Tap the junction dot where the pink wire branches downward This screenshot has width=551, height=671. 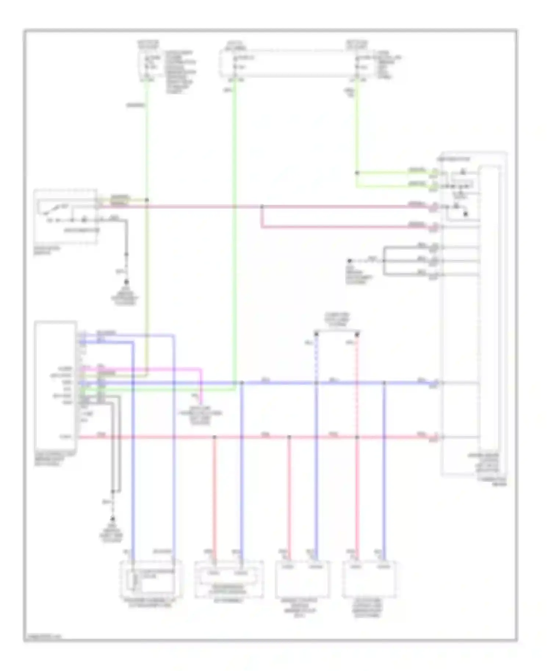[262, 207]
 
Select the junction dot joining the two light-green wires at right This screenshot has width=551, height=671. [356, 173]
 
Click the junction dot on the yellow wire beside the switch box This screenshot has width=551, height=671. [147, 200]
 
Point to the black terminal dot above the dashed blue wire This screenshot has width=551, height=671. [316, 334]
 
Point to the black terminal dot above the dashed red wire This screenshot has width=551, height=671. [357, 334]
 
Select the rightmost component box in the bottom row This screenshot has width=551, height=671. [369, 578]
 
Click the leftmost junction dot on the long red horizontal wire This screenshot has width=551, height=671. [215, 437]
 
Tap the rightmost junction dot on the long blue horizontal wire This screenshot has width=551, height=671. [384, 383]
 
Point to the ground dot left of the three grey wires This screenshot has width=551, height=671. [349, 261]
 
